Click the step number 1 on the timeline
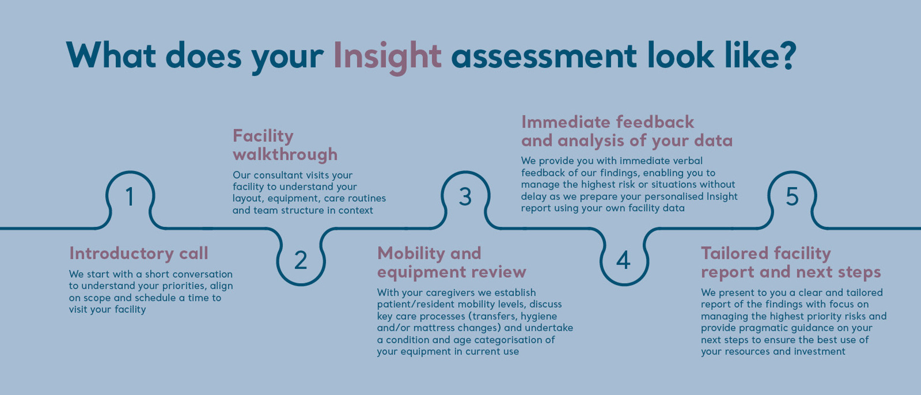(129, 197)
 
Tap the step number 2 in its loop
(301, 260)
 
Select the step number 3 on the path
(465, 197)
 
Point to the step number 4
(623, 260)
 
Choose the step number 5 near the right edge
(792, 197)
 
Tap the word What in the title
(111, 55)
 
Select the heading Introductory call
(139, 253)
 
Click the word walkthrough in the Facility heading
(285, 154)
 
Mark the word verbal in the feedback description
(685, 160)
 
